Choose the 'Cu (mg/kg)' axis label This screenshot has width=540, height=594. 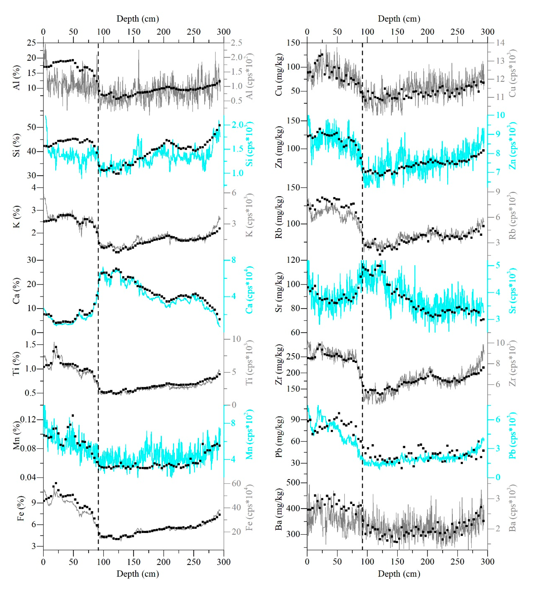click(278, 75)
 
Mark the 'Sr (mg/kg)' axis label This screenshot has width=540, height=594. click(278, 292)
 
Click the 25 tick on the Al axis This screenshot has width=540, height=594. click(31, 43)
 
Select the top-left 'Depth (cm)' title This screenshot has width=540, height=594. click(138, 19)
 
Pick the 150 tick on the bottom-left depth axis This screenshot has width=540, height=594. click(133, 562)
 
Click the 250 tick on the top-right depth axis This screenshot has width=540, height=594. click(457, 32)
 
